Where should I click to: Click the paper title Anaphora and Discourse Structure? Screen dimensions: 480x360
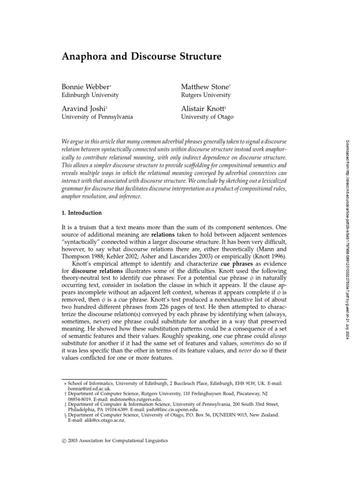point(141,58)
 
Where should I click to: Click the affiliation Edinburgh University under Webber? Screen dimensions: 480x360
point(90,95)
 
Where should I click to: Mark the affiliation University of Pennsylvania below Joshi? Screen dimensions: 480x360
point(97,116)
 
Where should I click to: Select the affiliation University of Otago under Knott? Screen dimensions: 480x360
point(207,116)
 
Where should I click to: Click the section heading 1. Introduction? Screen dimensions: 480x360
point(82,213)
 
